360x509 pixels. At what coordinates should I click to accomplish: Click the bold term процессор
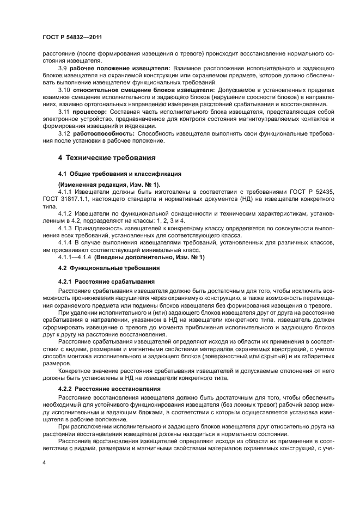[90, 111]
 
